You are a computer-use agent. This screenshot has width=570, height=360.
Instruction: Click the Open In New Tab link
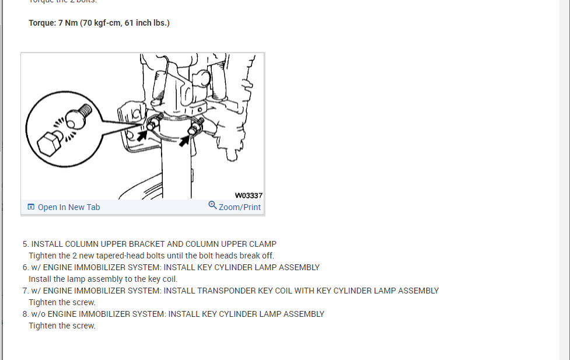[x=69, y=207]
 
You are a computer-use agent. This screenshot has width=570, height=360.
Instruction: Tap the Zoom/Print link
[x=240, y=207]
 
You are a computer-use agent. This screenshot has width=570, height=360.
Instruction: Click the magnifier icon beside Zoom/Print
[x=212, y=205]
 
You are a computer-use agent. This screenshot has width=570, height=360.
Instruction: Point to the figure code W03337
[x=249, y=195]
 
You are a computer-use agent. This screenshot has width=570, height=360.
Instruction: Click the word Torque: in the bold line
[x=43, y=23]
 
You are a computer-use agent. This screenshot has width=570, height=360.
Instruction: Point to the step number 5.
[x=25, y=244]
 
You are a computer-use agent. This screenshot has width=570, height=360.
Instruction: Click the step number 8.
[x=25, y=314]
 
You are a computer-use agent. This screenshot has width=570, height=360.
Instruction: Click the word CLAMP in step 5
[x=261, y=244]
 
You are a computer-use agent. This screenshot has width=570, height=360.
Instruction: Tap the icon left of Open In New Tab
[x=31, y=207]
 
